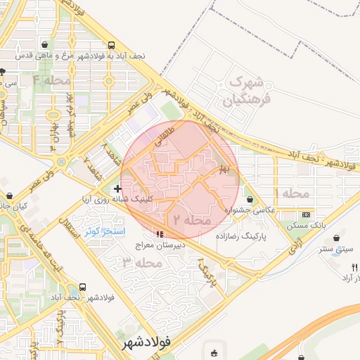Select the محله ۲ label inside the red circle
(188, 220)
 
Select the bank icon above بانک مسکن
(305, 214)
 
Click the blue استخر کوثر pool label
(104, 231)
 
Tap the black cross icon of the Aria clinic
(117, 188)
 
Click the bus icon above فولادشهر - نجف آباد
(84, 287)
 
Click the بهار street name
(223, 169)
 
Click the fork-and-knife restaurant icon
(354, 267)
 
